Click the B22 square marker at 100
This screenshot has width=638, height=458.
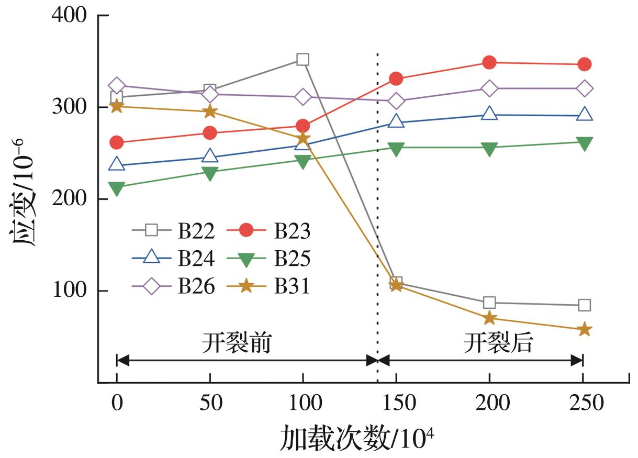[303, 60]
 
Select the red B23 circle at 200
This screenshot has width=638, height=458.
[489, 63]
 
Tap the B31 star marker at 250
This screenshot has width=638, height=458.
[585, 330]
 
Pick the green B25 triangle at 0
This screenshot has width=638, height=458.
[117, 187]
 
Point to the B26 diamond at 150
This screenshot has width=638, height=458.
[396, 101]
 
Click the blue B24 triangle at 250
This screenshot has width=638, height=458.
[585, 114]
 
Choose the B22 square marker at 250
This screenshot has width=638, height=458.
[585, 305]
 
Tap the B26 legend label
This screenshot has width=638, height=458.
[196, 286]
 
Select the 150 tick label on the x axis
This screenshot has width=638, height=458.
[396, 404]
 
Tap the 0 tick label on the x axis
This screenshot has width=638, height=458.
[117, 404]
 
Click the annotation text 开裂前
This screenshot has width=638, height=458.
[237, 344]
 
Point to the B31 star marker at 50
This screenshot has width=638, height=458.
[210, 111]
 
